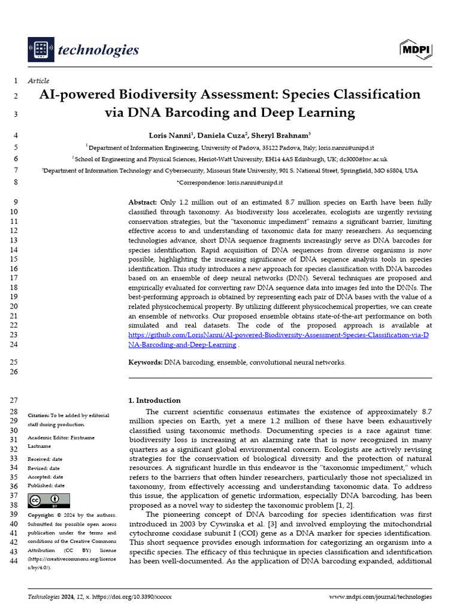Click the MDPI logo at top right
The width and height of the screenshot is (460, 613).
point(415,50)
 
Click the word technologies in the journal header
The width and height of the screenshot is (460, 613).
point(98,50)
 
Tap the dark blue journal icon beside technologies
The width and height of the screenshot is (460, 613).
point(40,50)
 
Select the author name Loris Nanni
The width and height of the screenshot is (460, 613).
point(170,135)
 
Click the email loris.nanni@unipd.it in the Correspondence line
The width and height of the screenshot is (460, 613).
point(255,182)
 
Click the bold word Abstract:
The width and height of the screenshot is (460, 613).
point(143,202)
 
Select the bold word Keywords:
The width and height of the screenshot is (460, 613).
point(146,362)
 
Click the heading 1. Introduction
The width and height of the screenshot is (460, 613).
point(155,400)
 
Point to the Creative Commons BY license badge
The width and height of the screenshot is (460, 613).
point(49,500)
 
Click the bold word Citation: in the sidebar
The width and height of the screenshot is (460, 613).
point(38,415)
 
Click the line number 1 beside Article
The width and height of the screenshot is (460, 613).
point(15,81)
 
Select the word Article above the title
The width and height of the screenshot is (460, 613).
point(39,81)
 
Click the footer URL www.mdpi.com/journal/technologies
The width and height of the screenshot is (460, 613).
point(380,597)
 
